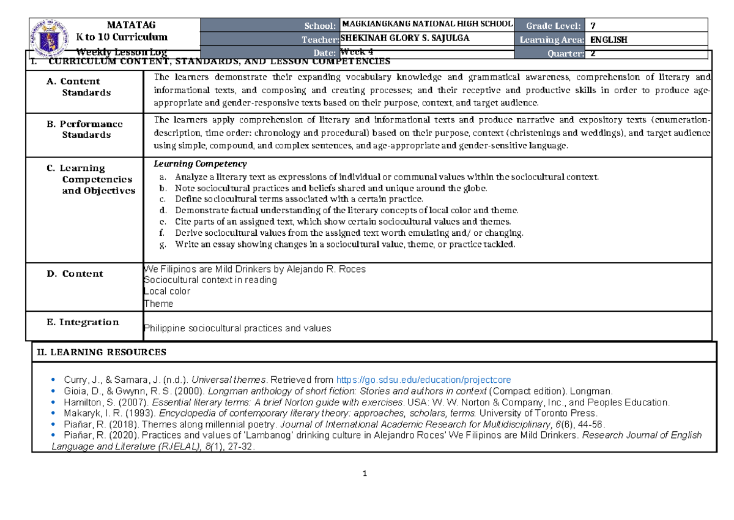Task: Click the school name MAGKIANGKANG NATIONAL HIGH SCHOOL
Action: tap(427, 24)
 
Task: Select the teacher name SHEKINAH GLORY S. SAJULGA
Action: tap(406, 39)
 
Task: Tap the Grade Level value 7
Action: tap(592, 25)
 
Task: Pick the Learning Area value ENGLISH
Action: tap(609, 40)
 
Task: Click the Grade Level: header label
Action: tap(549, 25)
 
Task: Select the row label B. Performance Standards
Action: tap(85, 129)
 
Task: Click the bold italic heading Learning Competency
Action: tap(200, 164)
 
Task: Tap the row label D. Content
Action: tap(75, 274)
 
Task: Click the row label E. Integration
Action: tap(83, 322)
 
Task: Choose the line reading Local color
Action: tap(166, 292)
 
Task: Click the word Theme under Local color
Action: tap(158, 304)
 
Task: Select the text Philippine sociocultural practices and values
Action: tap(237, 328)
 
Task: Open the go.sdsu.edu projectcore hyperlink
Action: tap(424, 380)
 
